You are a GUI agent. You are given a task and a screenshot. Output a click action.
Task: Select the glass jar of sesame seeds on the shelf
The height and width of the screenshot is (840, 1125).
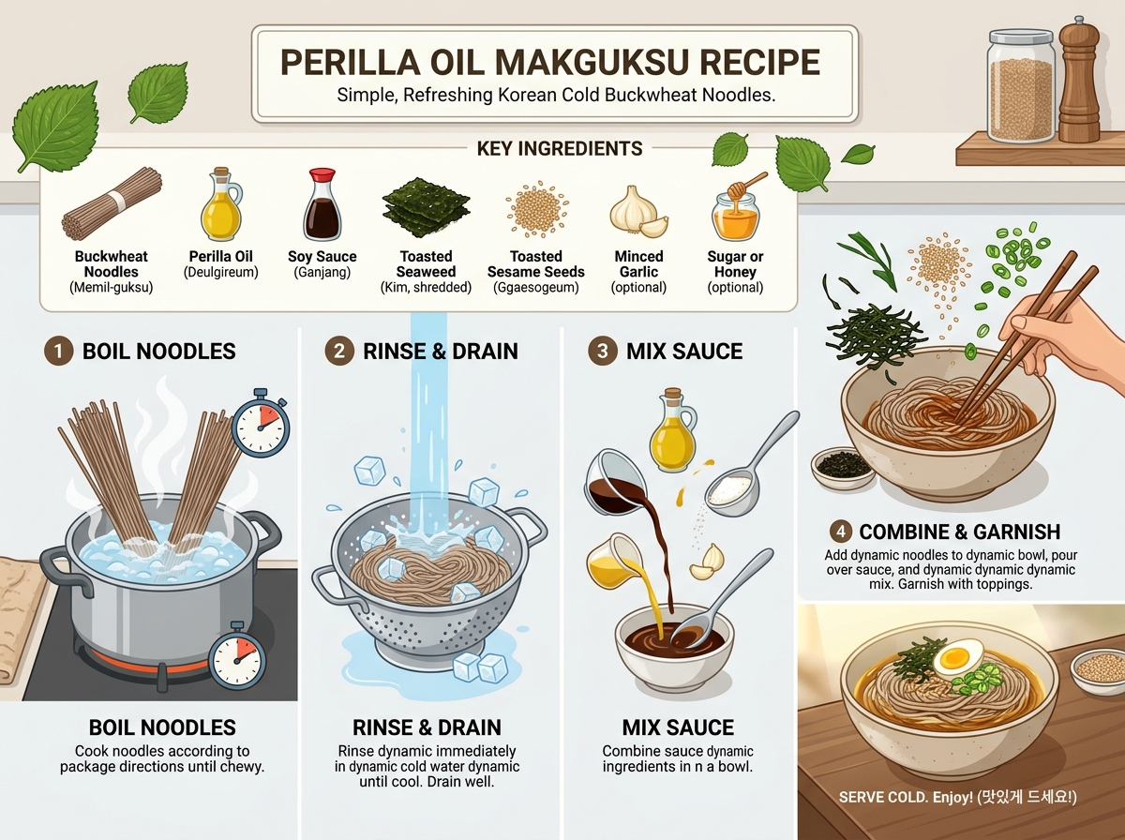[1022, 86]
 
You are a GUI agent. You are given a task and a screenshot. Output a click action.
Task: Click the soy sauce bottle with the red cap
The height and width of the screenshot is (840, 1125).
[322, 204]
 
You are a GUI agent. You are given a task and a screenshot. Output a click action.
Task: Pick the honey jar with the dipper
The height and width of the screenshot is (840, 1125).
[736, 207]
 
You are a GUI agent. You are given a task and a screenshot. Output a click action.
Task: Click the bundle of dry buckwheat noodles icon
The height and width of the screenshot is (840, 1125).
[112, 204]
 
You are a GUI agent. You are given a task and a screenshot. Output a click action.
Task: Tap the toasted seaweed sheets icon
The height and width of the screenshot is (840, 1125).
[426, 206]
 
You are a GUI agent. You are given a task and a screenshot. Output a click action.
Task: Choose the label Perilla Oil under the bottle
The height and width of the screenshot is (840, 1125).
[221, 256]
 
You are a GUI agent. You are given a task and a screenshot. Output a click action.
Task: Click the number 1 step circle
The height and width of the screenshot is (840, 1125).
[58, 351]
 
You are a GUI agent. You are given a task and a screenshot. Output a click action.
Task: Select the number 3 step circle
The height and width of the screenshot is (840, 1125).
[602, 351]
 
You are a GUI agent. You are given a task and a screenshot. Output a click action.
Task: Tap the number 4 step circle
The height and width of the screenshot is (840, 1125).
[841, 532]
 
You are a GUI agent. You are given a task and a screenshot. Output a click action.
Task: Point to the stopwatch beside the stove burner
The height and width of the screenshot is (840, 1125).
[237, 656]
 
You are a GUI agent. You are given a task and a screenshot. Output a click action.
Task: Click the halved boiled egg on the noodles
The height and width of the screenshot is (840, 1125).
[957, 657]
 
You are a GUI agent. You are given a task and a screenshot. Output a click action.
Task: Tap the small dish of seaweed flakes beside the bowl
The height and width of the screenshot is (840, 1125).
[843, 468]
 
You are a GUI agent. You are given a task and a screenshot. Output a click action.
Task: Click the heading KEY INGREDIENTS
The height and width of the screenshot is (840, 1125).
[559, 149]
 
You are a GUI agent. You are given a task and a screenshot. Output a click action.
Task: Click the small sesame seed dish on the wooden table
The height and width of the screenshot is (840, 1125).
[1098, 671]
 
